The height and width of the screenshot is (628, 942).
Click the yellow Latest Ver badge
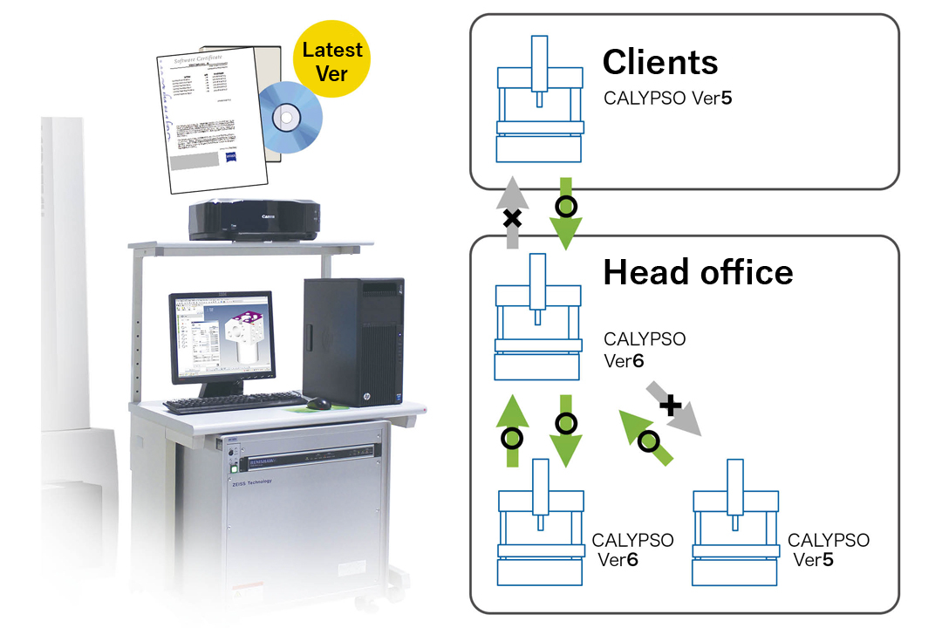click(332, 61)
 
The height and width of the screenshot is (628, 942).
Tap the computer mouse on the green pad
click(318, 403)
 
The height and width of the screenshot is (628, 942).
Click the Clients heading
click(660, 62)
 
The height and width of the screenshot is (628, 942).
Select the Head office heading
click(698, 273)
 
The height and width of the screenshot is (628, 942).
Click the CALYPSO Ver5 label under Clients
click(667, 99)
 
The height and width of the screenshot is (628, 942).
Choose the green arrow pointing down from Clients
click(566, 213)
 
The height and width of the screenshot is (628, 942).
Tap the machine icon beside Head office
click(538, 317)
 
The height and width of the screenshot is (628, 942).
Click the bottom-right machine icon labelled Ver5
click(734, 524)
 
